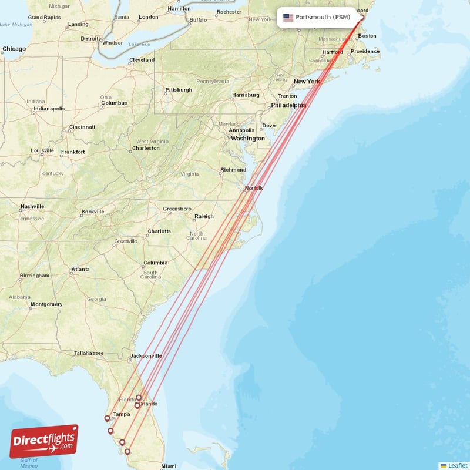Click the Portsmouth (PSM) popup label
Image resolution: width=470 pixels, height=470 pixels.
(x=323, y=17)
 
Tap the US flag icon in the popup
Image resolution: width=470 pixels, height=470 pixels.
(x=288, y=17)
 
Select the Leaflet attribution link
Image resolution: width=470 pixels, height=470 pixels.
(x=457, y=465)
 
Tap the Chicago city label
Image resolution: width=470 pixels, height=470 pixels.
(x=14, y=49)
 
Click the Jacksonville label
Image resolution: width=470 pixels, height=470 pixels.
(x=146, y=355)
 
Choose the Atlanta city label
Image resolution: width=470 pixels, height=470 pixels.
(x=80, y=270)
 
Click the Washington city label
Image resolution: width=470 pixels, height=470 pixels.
(x=248, y=139)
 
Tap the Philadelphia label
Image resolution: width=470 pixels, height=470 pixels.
(x=288, y=105)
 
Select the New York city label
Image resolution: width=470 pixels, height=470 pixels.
(x=307, y=82)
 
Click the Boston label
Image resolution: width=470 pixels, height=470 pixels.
(x=367, y=36)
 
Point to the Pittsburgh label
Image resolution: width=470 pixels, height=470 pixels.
(x=179, y=90)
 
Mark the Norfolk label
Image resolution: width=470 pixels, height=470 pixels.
(x=254, y=188)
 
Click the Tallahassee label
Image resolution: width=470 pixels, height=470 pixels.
(x=89, y=353)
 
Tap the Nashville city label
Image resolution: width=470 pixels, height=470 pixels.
(x=32, y=206)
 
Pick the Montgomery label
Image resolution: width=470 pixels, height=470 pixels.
(x=46, y=304)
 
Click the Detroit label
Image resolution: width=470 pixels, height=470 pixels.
(x=90, y=39)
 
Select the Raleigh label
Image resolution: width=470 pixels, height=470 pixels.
(x=204, y=216)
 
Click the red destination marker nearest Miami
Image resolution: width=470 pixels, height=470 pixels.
(x=127, y=451)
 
